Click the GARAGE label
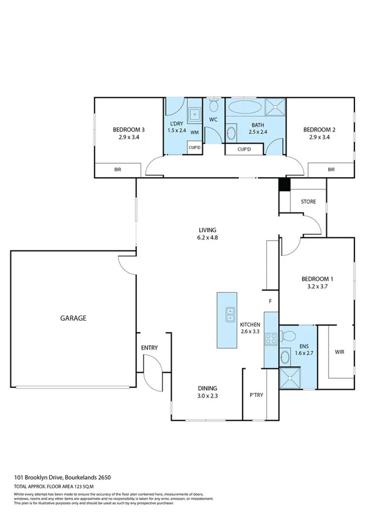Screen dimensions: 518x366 73,318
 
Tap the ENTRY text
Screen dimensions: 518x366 150,348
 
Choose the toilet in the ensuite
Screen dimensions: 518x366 290,335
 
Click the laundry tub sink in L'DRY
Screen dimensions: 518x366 194,113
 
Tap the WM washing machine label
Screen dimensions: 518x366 194,133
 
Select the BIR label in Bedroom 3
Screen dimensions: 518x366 118,169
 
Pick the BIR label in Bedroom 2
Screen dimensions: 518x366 331,169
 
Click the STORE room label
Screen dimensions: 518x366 308,201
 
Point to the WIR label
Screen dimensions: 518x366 340,352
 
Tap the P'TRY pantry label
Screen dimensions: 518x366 255,395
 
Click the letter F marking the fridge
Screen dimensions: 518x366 270,301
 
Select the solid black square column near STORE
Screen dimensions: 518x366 283,185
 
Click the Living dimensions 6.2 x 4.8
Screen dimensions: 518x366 207,238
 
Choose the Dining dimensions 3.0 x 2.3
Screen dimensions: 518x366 207,396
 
